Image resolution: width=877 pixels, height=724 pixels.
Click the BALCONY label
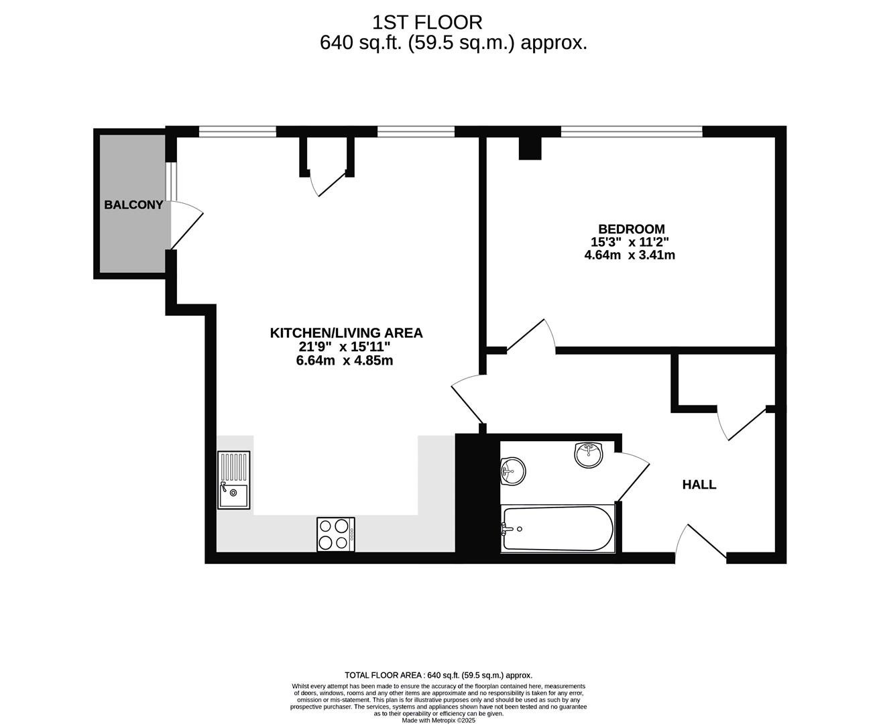coord(133,205)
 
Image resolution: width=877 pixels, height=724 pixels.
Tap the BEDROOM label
coord(632,229)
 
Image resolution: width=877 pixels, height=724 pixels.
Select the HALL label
coord(699,485)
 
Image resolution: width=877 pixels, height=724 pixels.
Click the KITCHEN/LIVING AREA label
coord(346,333)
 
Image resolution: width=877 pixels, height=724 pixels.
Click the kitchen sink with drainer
coord(233,480)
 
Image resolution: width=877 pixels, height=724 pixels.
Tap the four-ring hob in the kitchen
coord(336,534)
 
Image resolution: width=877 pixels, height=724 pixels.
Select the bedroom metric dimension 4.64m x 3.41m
coord(630,255)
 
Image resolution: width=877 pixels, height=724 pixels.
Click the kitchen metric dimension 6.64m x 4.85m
coord(345,361)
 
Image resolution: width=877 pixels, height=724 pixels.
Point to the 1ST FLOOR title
coord(427,23)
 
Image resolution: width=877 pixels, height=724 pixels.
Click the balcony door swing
coord(187,225)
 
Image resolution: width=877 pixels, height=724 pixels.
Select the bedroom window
coord(632,131)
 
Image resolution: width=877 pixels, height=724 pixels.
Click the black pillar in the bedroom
coord(530,148)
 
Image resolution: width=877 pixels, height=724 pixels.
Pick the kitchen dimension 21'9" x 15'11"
coord(345,347)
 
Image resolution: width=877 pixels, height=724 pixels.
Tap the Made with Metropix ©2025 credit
coord(438,720)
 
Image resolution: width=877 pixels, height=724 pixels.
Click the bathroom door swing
coord(632,477)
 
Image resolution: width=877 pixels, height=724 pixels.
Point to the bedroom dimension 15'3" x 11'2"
coord(630,242)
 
